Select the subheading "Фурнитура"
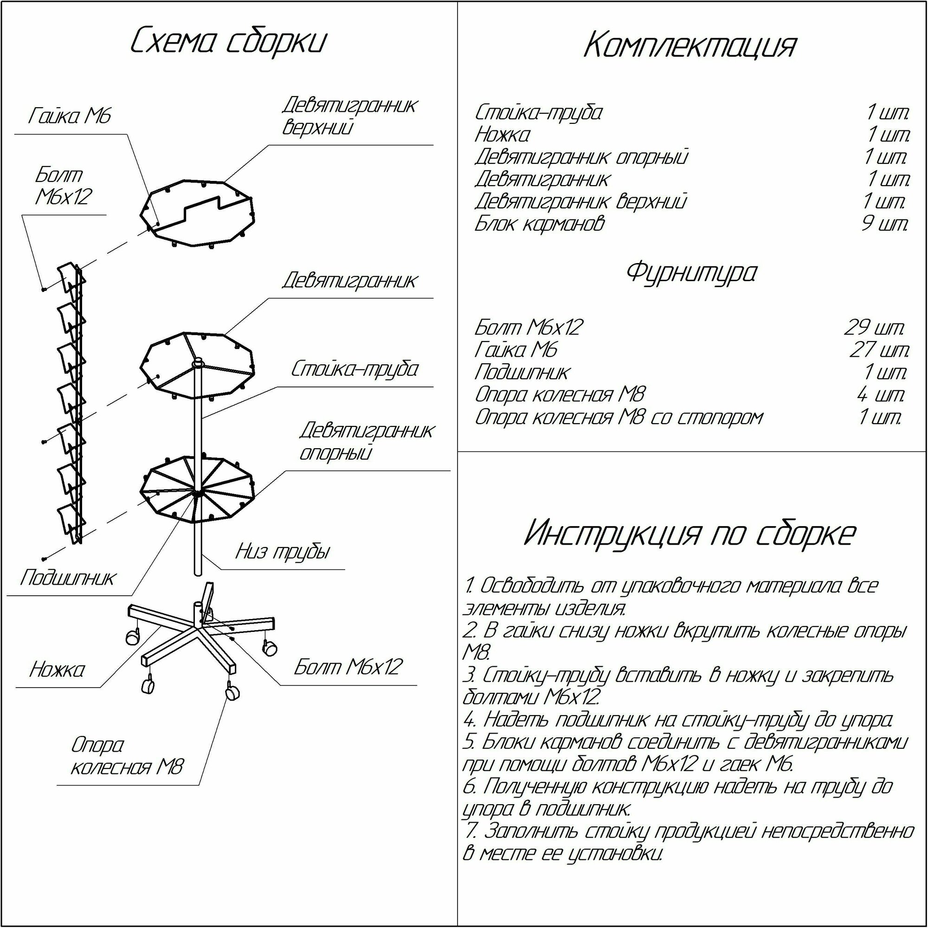click(x=691, y=272)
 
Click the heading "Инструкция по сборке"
click(x=690, y=534)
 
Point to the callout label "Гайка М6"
click(x=70, y=116)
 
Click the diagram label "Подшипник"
click(x=68, y=578)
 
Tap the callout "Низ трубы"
click(x=283, y=552)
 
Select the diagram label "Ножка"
click(x=57, y=670)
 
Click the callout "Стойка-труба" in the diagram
click(x=354, y=369)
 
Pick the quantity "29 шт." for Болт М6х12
click(x=874, y=328)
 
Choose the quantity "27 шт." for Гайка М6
click(x=879, y=350)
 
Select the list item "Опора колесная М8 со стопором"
click(x=619, y=418)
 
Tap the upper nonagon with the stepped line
click(x=197, y=213)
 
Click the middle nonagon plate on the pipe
click(x=197, y=365)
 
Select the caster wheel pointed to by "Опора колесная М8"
click(x=232, y=692)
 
